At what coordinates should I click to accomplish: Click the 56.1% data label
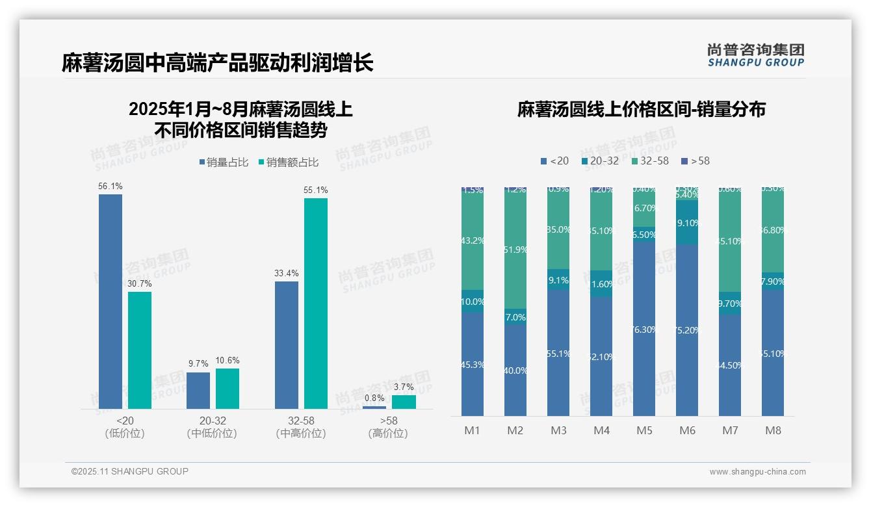[x=110, y=187]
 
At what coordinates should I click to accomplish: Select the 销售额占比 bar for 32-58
[x=316, y=303]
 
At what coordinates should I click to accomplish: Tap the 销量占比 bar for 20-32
[x=198, y=390]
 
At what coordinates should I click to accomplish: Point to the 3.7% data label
[x=403, y=387]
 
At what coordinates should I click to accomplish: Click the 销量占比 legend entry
[x=224, y=162]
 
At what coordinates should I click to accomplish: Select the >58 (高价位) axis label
[x=389, y=427]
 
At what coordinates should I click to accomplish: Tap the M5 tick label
[x=644, y=430]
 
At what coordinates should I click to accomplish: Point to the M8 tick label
[x=773, y=430]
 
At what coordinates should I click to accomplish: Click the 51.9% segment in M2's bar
[x=515, y=250]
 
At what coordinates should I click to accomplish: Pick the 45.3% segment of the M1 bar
[x=473, y=364]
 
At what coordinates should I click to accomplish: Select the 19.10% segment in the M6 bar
[x=687, y=223]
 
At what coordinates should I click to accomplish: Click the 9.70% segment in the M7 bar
[x=730, y=304]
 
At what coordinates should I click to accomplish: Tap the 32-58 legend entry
[x=650, y=161]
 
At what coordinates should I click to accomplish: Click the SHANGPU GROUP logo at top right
[x=755, y=55]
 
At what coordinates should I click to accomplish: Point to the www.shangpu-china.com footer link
[x=757, y=472]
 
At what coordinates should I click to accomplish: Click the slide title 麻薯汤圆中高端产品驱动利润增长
[x=218, y=64]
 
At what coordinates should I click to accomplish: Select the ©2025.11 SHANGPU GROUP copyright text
[x=130, y=472]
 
